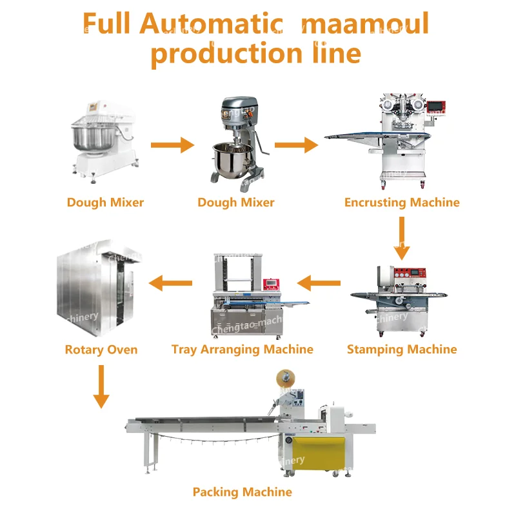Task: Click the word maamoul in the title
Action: click(x=365, y=25)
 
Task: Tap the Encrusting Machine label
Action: click(x=402, y=203)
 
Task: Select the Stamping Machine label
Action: click(x=402, y=350)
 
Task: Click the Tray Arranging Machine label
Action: click(x=243, y=350)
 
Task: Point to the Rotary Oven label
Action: click(x=101, y=350)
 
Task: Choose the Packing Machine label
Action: click(x=243, y=492)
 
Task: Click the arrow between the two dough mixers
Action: click(x=172, y=146)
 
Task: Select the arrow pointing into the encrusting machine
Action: click(x=296, y=146)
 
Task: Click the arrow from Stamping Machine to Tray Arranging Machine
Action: click(x=319, y=283)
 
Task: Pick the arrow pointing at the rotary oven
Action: click(x=171, y=283)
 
